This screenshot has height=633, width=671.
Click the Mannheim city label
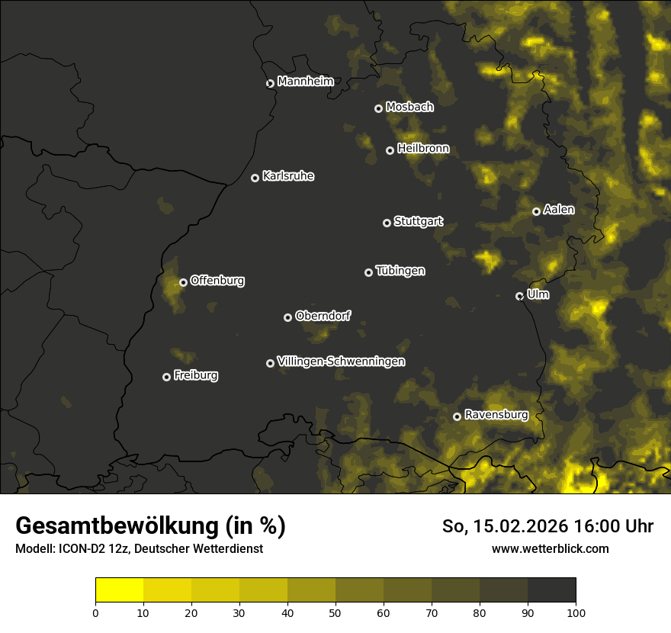305,81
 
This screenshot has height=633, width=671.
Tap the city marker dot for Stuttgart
387,223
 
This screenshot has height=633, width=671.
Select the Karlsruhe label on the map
287,176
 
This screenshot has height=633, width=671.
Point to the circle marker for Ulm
519,296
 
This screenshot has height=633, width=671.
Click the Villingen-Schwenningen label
341,361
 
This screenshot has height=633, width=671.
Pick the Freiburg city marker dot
166,377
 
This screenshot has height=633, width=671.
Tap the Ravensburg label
496,415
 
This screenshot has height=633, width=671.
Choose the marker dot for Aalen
536,211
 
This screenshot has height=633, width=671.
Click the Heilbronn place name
423,149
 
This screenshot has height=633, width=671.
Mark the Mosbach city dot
378,108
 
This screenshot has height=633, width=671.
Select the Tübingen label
400,271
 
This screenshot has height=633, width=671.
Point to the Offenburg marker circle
183,282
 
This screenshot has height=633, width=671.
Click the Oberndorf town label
323,316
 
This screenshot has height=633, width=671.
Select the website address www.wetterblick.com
550,548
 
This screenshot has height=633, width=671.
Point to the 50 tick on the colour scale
335,612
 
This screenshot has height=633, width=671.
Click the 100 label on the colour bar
576,612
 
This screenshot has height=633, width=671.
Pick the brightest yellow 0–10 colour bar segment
119,590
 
